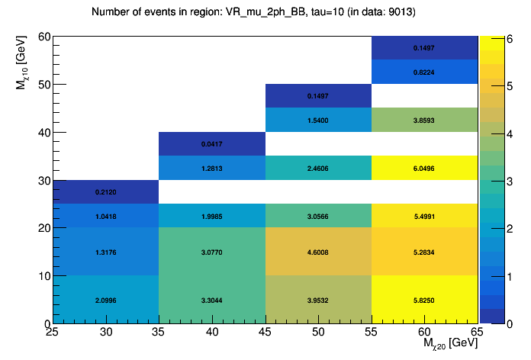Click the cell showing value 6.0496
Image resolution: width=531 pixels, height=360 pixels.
[424, 168]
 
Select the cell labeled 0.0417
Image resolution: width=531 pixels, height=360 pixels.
[211, 144]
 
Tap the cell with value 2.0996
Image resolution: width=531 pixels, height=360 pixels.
[105, 300]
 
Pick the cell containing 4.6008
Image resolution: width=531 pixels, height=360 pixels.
[317, 252]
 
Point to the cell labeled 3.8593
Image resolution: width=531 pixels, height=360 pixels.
[424, 121]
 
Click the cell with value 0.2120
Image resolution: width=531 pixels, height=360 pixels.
[105, 191]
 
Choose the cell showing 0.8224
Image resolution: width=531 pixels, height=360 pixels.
[424, 72]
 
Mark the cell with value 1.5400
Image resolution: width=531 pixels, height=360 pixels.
[317, 121]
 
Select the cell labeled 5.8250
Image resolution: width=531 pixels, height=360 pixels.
[424, 300]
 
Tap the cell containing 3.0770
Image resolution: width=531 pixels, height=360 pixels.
[211, 252]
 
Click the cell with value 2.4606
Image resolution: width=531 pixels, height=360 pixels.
[317, 168]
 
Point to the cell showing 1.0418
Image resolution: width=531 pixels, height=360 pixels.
[105, 216]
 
